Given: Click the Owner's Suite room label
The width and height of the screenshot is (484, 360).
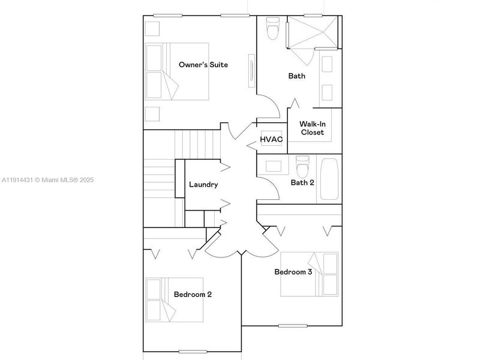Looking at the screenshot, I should pos(203,64).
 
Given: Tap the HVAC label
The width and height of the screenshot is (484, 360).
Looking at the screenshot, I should pos(271,140).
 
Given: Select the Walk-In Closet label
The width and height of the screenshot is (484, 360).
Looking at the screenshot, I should pos(312,128).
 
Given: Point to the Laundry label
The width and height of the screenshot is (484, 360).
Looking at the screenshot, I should pos(203,185).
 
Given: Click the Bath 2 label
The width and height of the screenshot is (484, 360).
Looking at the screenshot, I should pos(302,183).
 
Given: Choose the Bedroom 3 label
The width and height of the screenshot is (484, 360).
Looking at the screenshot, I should pos(293,272).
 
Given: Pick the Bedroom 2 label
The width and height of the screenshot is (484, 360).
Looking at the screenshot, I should pos(193,294).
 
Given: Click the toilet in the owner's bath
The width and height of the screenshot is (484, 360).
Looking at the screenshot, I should pos(273,28).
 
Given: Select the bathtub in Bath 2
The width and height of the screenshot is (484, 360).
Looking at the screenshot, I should pos(330,178).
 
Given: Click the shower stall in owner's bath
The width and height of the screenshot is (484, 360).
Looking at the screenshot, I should pos(312,32).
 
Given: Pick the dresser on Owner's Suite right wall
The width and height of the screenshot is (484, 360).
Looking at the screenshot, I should pos(251,71).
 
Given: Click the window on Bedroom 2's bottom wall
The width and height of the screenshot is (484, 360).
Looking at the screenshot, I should pos(193,351).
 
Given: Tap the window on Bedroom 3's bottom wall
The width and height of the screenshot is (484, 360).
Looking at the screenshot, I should pos(292,326).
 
